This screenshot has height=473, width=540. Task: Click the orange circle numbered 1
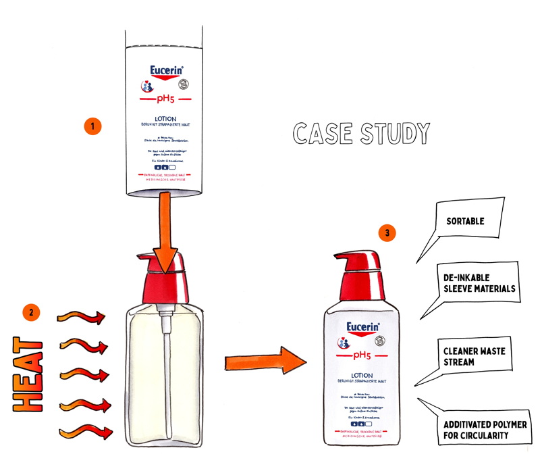click(x=91, y=126)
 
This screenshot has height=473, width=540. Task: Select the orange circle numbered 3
click(x=386, y=234)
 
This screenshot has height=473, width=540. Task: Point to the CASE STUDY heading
click(x=361, y=134)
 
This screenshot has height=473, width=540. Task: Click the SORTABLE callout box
click(x=466, y=221)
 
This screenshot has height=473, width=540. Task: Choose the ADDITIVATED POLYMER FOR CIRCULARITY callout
click(x=485, y=429)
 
